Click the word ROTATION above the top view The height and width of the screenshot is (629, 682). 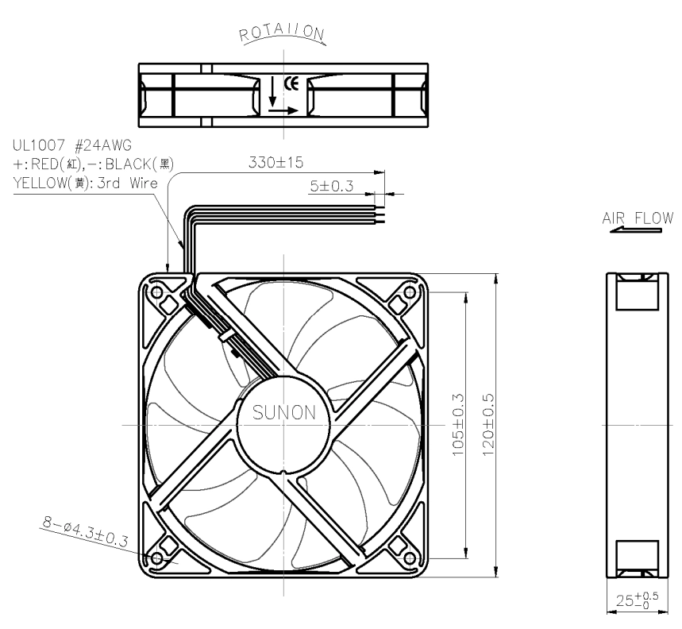point(282,33)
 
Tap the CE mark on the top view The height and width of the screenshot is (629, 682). point(291,83)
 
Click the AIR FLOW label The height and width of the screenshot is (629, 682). point(638,218)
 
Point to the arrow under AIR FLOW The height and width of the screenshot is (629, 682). point(635,230)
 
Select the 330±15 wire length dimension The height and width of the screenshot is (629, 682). point(275,162)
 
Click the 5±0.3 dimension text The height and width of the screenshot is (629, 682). point(331,186)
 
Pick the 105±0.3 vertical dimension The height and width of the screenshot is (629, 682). point(458,425)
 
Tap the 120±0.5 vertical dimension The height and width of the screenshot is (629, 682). point(488,425)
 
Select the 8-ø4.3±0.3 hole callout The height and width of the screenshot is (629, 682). point(85,531)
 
